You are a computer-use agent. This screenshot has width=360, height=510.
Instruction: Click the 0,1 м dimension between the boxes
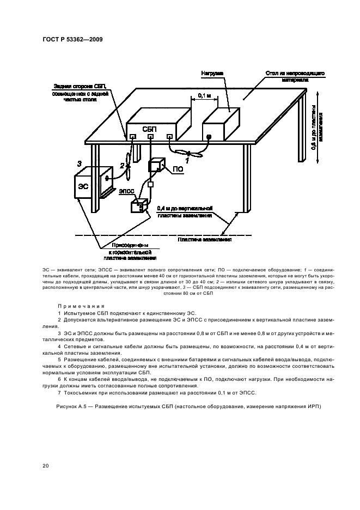click(205, 96)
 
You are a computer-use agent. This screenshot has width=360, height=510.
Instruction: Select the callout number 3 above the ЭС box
click(79, 163)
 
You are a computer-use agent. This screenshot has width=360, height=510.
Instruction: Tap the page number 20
click(45, 465)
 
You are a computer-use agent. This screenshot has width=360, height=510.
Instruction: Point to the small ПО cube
click(158, 166)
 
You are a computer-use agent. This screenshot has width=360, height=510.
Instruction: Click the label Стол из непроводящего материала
click(288, 76)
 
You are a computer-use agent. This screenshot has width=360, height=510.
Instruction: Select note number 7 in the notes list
click(59, 393)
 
